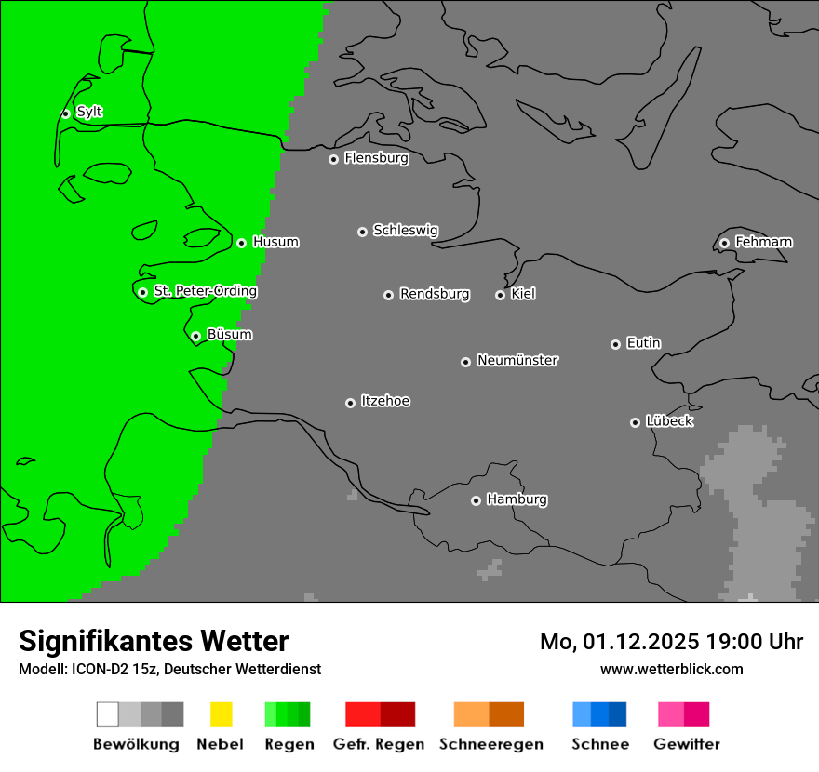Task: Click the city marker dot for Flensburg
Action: coord(333,159)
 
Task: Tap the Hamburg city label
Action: coord(517,499)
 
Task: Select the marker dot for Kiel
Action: coord(500,295)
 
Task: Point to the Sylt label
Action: coord(89,112)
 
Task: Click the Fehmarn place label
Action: coord(763,242)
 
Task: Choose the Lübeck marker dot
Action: coord(635,422)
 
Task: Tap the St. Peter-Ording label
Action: coord(205,291)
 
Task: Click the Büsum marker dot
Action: coord(195,336)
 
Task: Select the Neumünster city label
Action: coord(517,360)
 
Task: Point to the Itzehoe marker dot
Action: coord(350,403)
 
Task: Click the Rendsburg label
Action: coord(435,294)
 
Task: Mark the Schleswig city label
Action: coord(405,230)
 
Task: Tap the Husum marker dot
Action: coord(241,243)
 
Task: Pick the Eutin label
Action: coord(643,343)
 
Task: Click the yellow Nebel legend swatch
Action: coord(221,714)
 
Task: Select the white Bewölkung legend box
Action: coord(108,714)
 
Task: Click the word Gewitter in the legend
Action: coord(687,744)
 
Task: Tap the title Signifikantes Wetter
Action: coord(154,641)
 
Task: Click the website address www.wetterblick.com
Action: coord(671,669)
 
